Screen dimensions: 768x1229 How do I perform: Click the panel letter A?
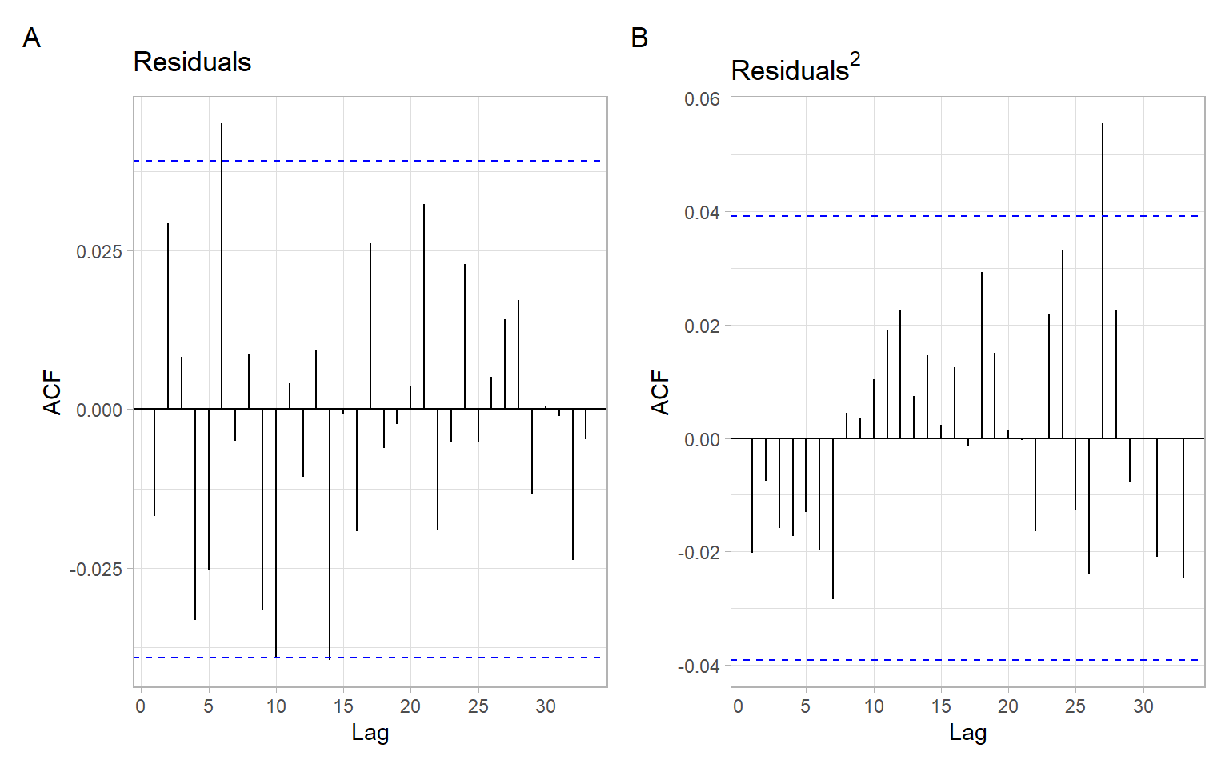coord(31,38)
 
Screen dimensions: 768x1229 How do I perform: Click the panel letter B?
coord(639,38)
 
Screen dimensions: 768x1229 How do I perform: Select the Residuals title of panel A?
coord(192,62)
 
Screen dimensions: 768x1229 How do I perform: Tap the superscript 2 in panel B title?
coord(855,59)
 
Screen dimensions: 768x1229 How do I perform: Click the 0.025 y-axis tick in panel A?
coord(99,252)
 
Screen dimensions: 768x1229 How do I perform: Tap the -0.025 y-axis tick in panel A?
coord(96,570)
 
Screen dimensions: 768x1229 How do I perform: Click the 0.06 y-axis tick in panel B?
coord(702,99)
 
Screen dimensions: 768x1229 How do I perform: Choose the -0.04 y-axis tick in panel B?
coord(699,666)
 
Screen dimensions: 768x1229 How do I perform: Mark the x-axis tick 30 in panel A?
coord(546,706)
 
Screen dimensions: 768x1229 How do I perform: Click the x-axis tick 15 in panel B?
coord(941,706)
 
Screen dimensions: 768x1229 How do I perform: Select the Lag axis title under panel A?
coord(370,733)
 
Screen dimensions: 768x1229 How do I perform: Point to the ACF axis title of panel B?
coord(660,392)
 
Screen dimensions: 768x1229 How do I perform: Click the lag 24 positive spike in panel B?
coord(1063,344)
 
